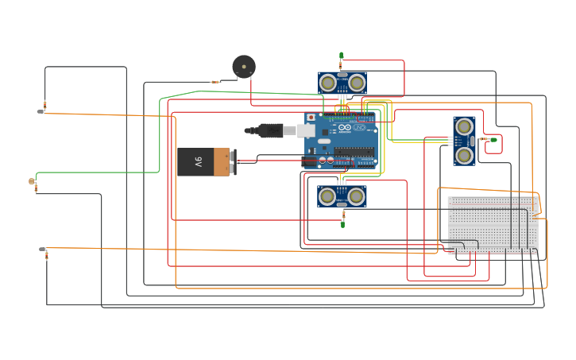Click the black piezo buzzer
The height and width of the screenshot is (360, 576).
(x=244, y=66)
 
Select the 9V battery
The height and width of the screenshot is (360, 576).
(x=205, y=162)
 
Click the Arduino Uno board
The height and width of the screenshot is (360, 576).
(x=340, y=141)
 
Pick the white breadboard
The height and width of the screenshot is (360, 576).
(x=493, y=225)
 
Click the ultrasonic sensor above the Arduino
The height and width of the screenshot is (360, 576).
(x=342, y=83)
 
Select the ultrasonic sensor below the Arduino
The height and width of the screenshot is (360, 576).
(x=342, y=196)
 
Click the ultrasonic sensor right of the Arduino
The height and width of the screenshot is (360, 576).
(x=465, y=141)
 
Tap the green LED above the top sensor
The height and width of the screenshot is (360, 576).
(x=342, y=56)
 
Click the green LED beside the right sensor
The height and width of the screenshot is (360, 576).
(x=493, y=141)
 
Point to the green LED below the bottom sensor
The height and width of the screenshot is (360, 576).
(x=342, y=224)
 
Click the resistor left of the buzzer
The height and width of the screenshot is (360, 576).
(x=215, y=82)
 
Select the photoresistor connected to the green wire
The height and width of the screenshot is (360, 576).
(x=32, y=182)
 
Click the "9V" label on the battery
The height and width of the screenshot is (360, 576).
(x=198, y=162)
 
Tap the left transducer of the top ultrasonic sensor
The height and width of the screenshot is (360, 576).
(x=327, y=83)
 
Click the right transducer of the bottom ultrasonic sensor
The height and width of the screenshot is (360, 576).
(x=356, y=196)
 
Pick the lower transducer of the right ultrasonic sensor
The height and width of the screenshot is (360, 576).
(x=464, y=155)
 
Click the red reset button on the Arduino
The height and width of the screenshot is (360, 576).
(x=311, y=118)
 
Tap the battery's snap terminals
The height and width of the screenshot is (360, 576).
(x=232, y=162)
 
